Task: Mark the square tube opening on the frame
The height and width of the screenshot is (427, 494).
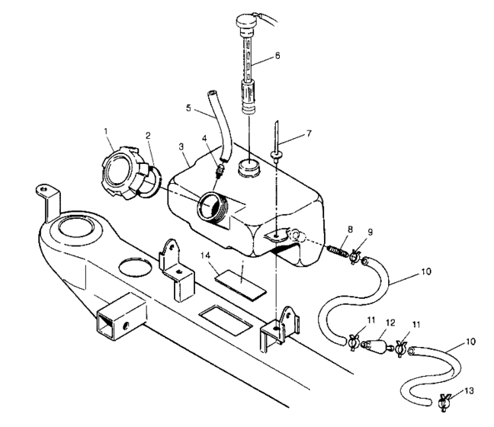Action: (x=106, y=324)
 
